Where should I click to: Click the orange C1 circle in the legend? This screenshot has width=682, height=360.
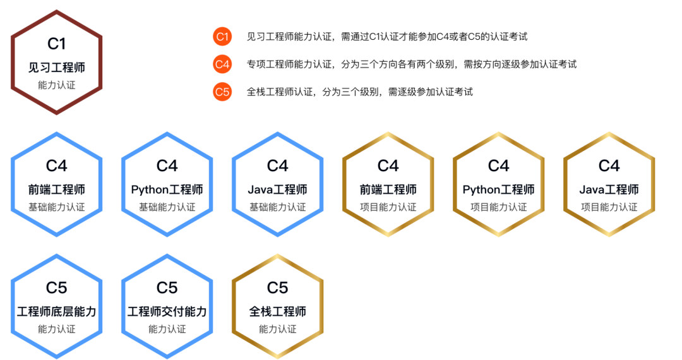(x=222, y=37)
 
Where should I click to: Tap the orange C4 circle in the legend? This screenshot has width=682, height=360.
(x=222, y=64)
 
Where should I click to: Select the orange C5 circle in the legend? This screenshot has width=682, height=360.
(x=222, y=92)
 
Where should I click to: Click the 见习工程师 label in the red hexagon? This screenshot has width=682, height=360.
(x=57, y=68)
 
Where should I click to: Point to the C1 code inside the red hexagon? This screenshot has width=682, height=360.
(x=57, y=44)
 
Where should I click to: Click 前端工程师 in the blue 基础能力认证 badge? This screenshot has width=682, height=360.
(x=57, y=189)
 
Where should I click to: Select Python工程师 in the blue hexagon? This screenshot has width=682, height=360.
(x=167, y=189)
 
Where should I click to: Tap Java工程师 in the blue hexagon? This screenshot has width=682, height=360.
(x=278, y=189)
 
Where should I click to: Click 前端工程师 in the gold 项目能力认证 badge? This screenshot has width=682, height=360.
(x=388, y=189)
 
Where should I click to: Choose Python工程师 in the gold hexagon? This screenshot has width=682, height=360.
(x=499, y=189)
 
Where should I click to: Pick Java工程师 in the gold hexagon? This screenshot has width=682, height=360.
(x=609, y=189)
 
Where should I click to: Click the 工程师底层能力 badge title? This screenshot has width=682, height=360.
(x=57, y=312)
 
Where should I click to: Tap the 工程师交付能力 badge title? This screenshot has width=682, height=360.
(x=167, y=312)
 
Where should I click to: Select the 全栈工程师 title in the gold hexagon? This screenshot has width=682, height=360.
(x=278, y=312)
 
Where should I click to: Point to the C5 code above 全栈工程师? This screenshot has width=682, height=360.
(x=278, y=288)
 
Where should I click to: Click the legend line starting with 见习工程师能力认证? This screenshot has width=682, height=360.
(x=387, y=37)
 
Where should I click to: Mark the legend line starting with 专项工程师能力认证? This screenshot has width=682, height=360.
(x=412, y=64)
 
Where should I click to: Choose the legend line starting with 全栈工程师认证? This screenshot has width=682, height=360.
(x=360, y=92)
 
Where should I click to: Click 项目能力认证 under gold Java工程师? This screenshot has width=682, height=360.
(x=609, y=207)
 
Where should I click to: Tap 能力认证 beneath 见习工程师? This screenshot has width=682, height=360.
(x=57, y=85)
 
